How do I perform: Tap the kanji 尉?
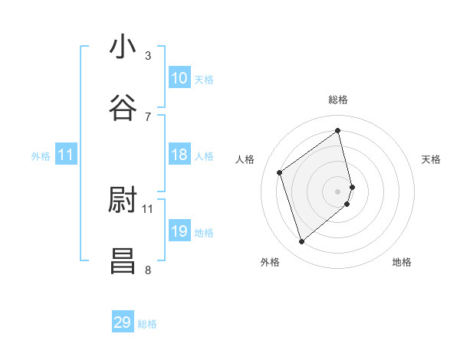[x=123, y=201]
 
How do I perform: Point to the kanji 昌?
[x=123, y=260]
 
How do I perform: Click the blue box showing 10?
[x=179, y=78]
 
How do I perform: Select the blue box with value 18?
[x=179, y=155]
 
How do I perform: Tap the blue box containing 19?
[x=179, y=231]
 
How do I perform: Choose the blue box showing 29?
[x=123, y=322]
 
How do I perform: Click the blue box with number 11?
[x=66, y=155]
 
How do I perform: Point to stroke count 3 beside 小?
[x=148, y=56]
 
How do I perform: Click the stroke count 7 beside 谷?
[x=148, y=116]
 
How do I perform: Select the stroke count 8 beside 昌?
[x=148, y=270]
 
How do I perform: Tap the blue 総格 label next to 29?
[x=148, y=324]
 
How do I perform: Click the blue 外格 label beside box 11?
[x=41, y=156]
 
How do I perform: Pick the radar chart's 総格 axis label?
[x=338, y=100]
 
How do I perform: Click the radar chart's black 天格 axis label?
[x=432, y=159]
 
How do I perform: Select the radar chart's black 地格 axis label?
[x=402, y=262]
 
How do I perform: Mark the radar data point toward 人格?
[x=280, y=172]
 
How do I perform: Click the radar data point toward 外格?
[x=301, y=242]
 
